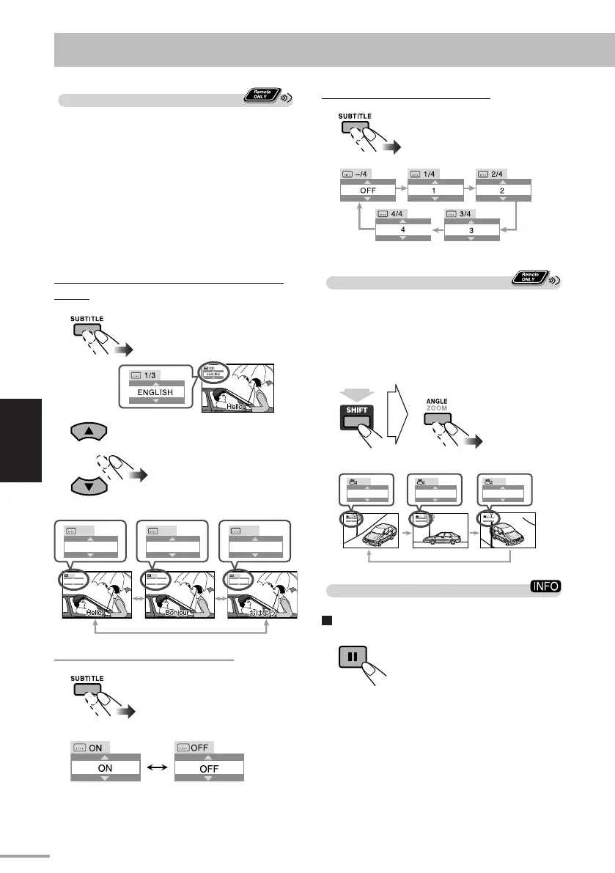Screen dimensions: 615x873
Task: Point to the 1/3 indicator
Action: pos(152,373)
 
